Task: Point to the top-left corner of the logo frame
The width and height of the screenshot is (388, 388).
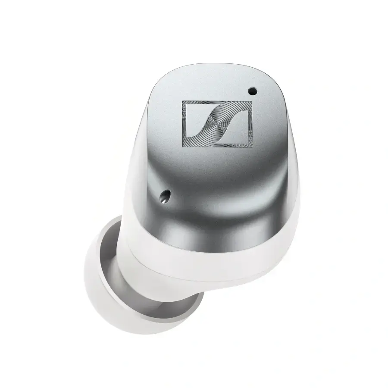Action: tap(182, 101)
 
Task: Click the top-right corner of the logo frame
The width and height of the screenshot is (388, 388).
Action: tap(252, 102)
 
